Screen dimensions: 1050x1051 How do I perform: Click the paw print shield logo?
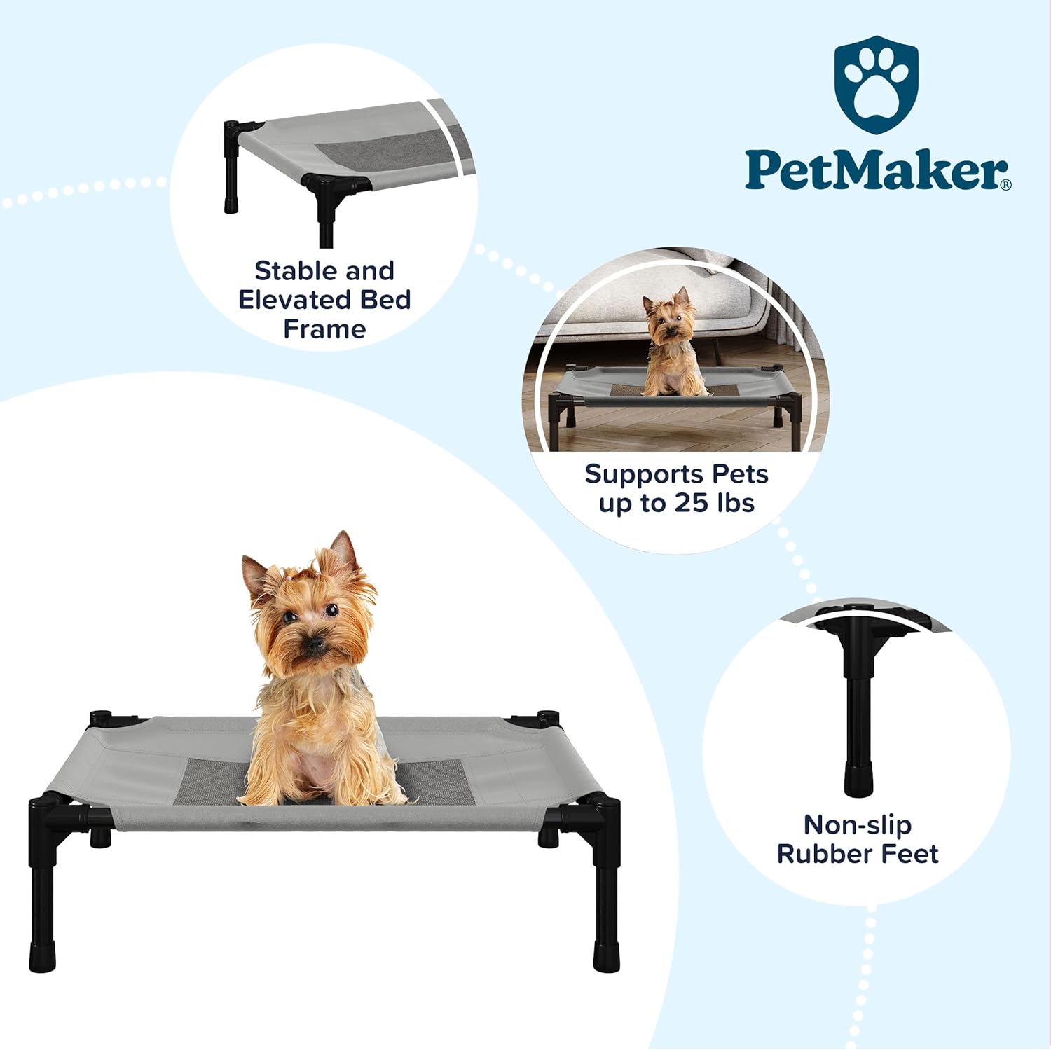tap(876, 84)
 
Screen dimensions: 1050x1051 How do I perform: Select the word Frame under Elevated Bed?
tap(324, 329)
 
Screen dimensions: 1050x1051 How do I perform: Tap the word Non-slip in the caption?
tap(857, 824)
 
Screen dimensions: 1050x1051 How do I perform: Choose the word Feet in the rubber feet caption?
tap(909, 854)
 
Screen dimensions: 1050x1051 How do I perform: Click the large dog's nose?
tap(316, 642)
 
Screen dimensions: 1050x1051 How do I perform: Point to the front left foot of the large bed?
tap(42, 957)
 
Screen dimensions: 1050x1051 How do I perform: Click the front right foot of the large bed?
tap(606, 955)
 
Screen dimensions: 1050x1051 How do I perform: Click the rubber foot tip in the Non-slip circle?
tap(858, 781)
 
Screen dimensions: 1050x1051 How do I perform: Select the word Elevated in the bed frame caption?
tap(295, 300)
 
